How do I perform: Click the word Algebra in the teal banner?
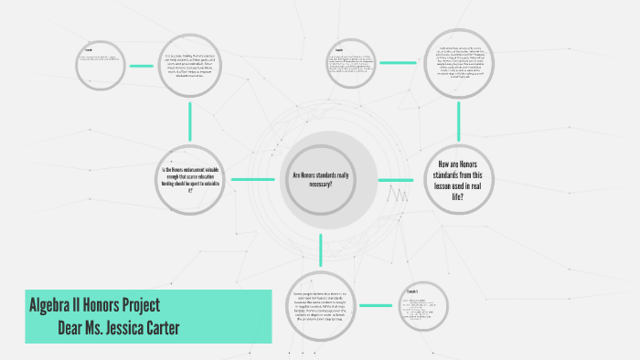(55, 305)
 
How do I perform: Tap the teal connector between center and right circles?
(395, 179)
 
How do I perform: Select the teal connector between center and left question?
(252, 179)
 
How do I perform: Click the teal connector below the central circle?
(321, 249)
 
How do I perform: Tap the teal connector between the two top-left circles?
(141, 66)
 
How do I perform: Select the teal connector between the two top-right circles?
(397, 62)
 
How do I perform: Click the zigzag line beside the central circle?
(398, 194)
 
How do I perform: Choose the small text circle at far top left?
(99, 61)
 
